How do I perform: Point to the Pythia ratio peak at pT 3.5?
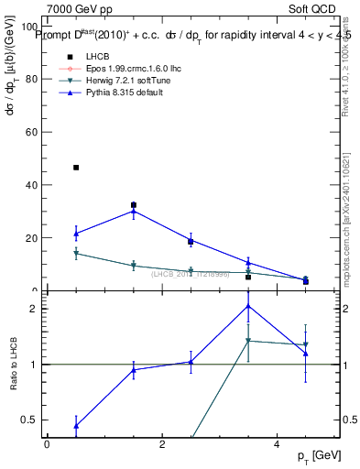(248, 306)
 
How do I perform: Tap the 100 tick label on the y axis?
(30, 27)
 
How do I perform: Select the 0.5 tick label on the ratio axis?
(29, 420)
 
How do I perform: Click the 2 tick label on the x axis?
(161, 443)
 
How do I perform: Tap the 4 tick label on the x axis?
(277, 443)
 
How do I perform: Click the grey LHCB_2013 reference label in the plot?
(190, 275)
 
